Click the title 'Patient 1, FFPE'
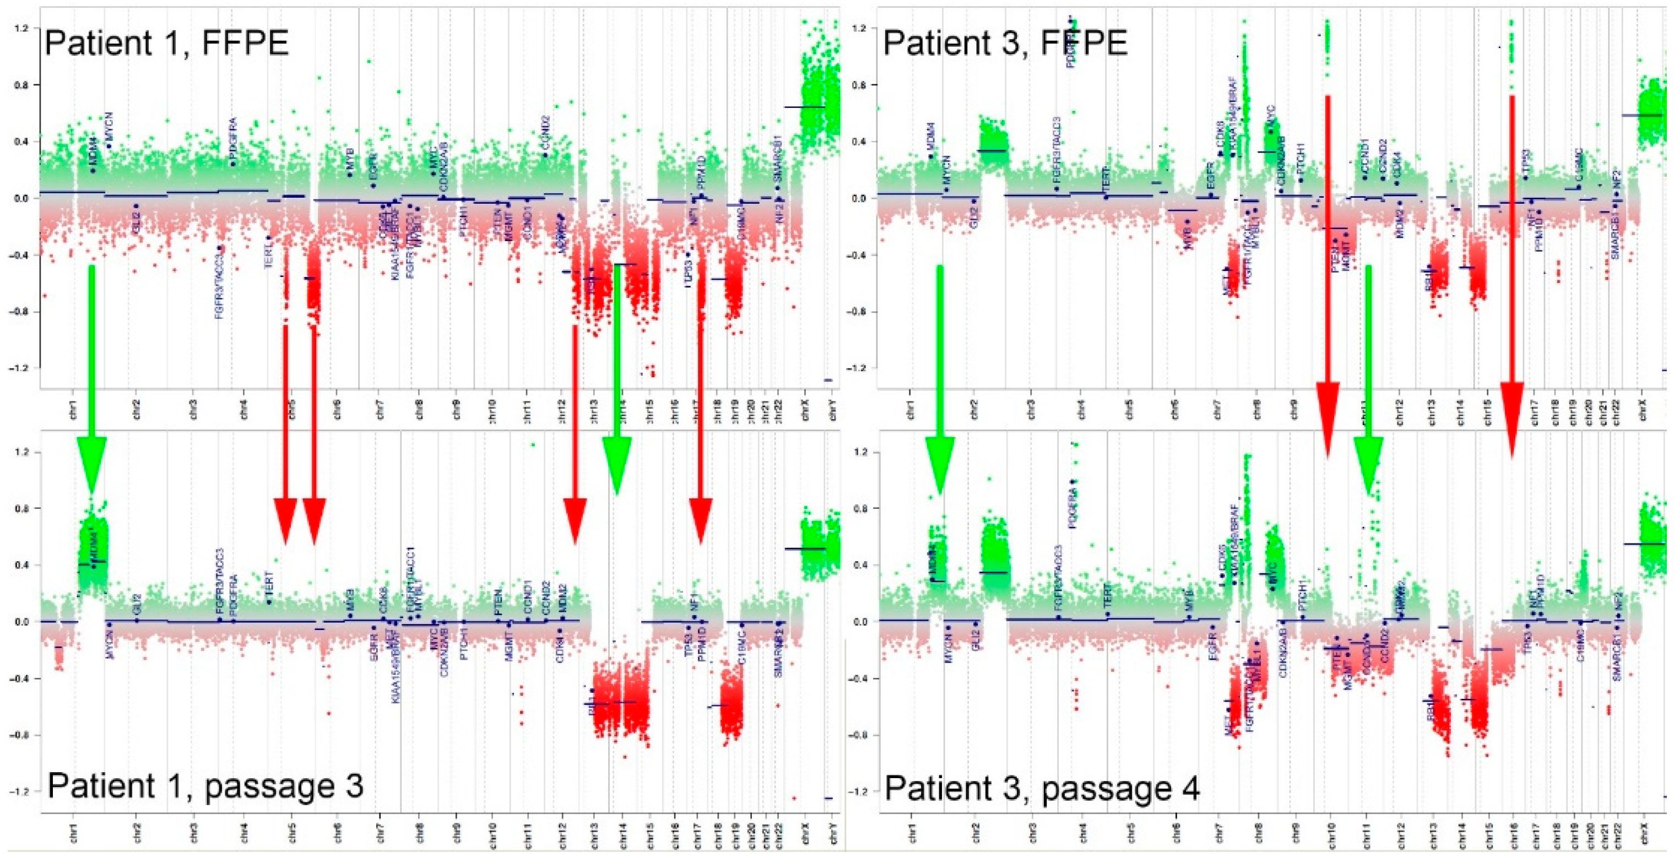[166, 44]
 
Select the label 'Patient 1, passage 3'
[205, 786]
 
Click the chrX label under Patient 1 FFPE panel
[806, 413]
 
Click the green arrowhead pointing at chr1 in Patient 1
[91, 464]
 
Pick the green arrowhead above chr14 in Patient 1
[617, 464]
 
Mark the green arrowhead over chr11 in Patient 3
[1368, 464]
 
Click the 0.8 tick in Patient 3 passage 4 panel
[861, 508]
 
